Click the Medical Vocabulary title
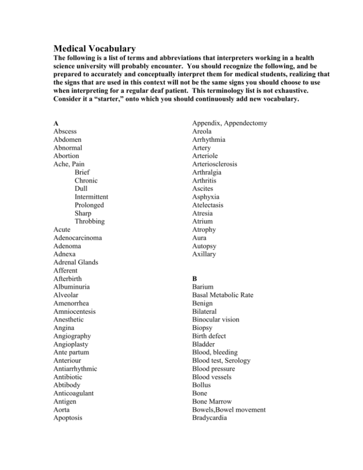(x=95, y=48)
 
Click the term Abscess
(x=66, y=131)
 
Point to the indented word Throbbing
(x=90, y=221)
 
